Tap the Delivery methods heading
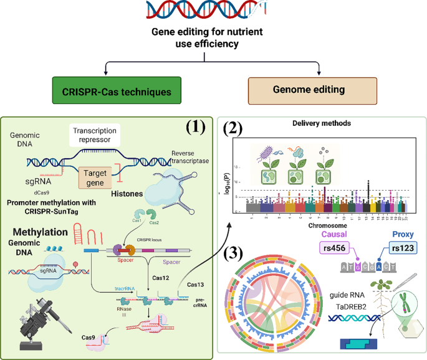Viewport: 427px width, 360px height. tap(320, 123)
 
